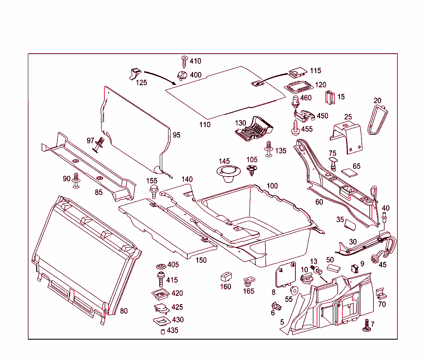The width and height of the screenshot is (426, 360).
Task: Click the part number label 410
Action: (x=195, y=61)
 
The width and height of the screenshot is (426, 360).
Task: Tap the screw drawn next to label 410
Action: (x=184, y=62)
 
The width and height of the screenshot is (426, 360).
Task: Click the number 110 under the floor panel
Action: (x=205, y=125)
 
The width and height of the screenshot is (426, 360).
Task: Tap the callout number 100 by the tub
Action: (x=272, y=186)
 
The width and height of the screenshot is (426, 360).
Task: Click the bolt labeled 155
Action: (x=154, y=192)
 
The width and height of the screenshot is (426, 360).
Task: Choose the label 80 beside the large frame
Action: (x=124, y=311)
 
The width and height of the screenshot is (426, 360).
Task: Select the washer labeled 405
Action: (x=161, y=266)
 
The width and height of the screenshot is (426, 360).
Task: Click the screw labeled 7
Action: (x=367, y=326)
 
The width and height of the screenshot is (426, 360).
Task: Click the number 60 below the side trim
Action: (x=319, y=202)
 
